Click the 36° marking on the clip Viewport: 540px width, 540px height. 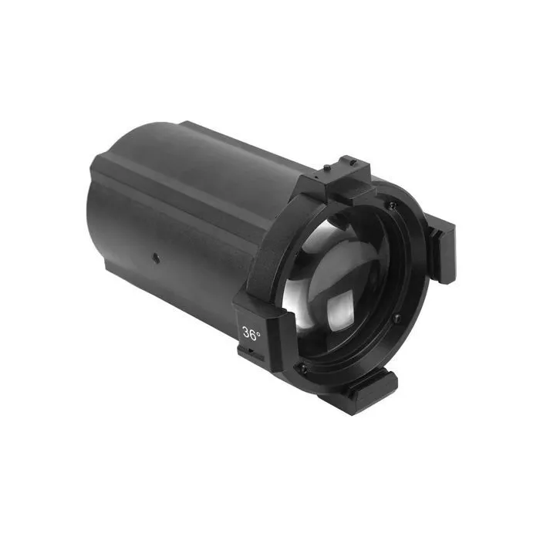251,334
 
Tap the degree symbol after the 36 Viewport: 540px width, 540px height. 259,330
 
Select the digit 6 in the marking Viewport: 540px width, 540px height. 254,334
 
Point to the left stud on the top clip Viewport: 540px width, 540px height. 327,167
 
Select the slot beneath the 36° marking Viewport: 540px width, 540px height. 248,353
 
